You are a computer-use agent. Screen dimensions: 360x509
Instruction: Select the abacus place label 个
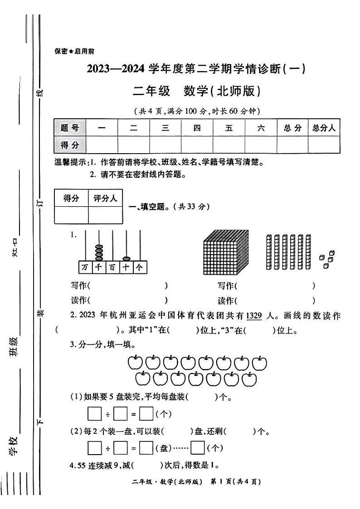coord(139,267)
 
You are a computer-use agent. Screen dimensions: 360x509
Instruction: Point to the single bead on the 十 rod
coord(126,256)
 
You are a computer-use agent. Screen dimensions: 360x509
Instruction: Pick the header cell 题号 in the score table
coord(69,128)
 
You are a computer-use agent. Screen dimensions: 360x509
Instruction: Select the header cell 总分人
coord(324,128)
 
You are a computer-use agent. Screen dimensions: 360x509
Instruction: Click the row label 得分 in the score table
coord(69,145)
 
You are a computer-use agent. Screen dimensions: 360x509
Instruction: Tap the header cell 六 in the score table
coord(261,128)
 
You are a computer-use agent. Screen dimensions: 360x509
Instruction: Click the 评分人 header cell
coord(105,198)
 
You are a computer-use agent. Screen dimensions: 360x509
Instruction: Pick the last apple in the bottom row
coord(249,379)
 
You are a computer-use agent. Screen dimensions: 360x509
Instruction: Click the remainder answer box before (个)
coord(198,448)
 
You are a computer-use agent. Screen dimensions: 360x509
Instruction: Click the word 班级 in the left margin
coord(14,347)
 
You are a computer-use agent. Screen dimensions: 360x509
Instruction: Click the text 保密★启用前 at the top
coord(74,52)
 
